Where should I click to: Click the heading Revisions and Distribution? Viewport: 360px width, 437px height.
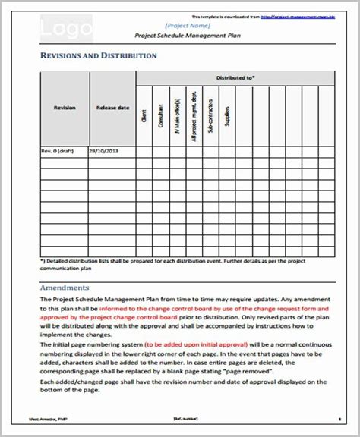98,56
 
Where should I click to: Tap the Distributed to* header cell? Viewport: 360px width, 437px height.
235,77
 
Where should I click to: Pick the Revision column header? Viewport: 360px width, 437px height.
65,108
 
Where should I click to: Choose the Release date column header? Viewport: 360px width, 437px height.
112,108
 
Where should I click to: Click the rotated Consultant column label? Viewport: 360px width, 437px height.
161,115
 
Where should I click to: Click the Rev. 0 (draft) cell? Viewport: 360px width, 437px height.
55,152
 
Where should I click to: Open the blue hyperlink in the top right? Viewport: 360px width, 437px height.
304,16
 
